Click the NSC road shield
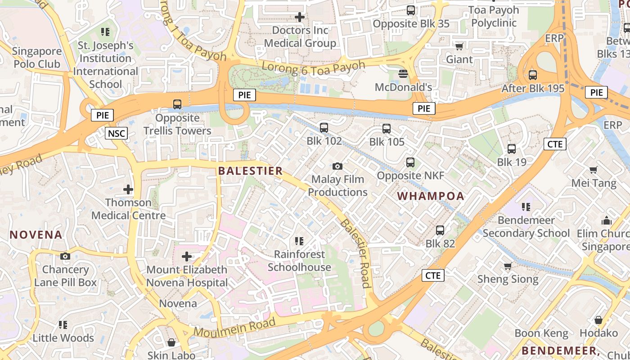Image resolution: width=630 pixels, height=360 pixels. click(x=117, y=133)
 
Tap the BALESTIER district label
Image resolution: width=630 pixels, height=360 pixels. click(x=250, y=171)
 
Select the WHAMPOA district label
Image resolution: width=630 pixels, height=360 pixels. click(x=431, y=196)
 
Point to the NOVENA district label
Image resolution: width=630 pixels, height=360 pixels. click(x=36, y=234)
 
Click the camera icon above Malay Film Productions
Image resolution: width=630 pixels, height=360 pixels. click(x=337, y=166)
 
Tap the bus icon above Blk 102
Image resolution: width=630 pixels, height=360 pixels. click(x=324, y=128)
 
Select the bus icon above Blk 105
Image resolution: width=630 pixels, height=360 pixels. click(x=387, y=129)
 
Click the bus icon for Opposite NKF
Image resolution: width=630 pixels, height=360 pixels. click(x=410, y=162)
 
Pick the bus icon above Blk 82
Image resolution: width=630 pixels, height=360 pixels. click(x=440, y=230)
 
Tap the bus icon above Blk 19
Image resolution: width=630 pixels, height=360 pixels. click(x=512, y=149)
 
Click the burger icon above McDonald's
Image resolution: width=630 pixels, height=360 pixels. click(x=403, y=73)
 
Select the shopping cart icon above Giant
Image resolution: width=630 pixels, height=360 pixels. click(x=459, y=46)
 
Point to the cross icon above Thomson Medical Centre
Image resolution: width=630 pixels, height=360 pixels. click(x=128, y=189)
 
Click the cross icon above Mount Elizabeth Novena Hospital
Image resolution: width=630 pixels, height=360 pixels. click(x=187, y=256)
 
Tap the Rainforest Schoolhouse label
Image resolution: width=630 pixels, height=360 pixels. click(x=299, y=261)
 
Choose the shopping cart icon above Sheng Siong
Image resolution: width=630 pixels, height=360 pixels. click(x=508, y=266)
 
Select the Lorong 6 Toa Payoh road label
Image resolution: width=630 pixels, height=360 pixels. click(x=313, y=68)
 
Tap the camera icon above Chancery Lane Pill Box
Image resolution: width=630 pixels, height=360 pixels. click(x=65, y=256)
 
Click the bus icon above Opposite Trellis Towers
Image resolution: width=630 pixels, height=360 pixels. click(x=177, y=104)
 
